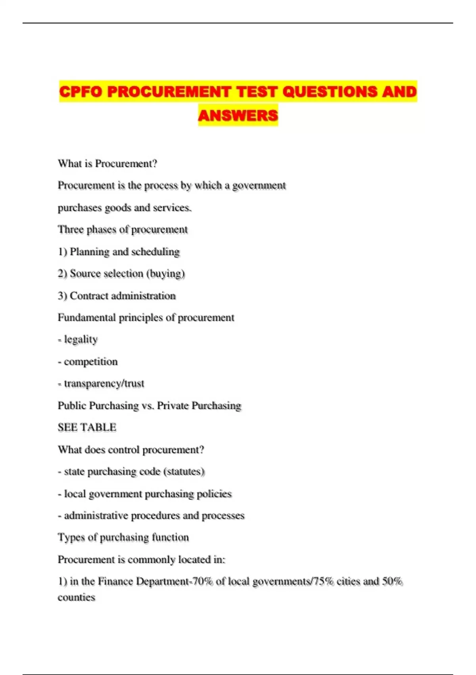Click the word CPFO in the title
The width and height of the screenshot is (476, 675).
click(x=81, y=92)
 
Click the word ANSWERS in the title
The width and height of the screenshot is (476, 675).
click(x=238, y=116)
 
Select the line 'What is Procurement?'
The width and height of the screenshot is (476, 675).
click(x=107, y=164)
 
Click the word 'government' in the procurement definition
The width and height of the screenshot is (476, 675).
click(x=259, y=185)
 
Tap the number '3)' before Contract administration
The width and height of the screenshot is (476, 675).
click(x=62, y=296)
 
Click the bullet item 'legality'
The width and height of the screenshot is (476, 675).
click(x=81, y=339)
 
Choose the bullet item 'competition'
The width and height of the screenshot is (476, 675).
click(x=91, y=362)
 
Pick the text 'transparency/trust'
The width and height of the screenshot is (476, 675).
click(x=104, y=384)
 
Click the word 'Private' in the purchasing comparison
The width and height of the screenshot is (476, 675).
click(x=173, y=405)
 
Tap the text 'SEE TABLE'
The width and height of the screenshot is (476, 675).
click(x=87, y=428)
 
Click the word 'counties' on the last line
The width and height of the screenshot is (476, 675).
click(x=76, y=597)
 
